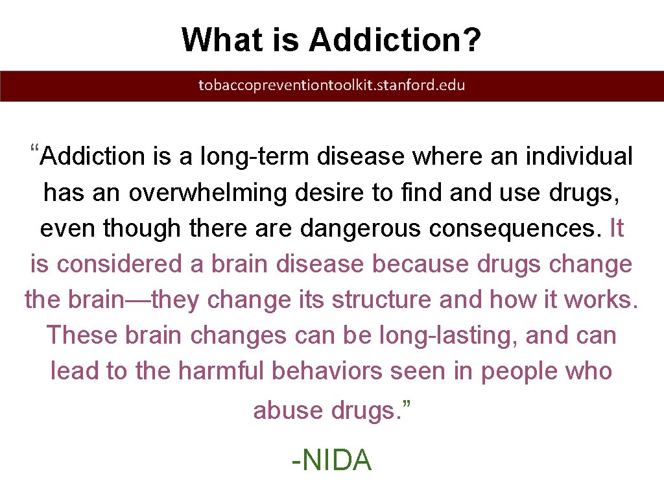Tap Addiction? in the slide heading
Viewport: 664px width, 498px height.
tap(395, 40)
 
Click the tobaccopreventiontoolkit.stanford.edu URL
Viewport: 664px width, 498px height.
tap(331, 85)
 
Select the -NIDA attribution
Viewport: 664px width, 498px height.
tap(331, 460)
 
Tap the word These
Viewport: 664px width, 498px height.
tap(82, 335)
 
